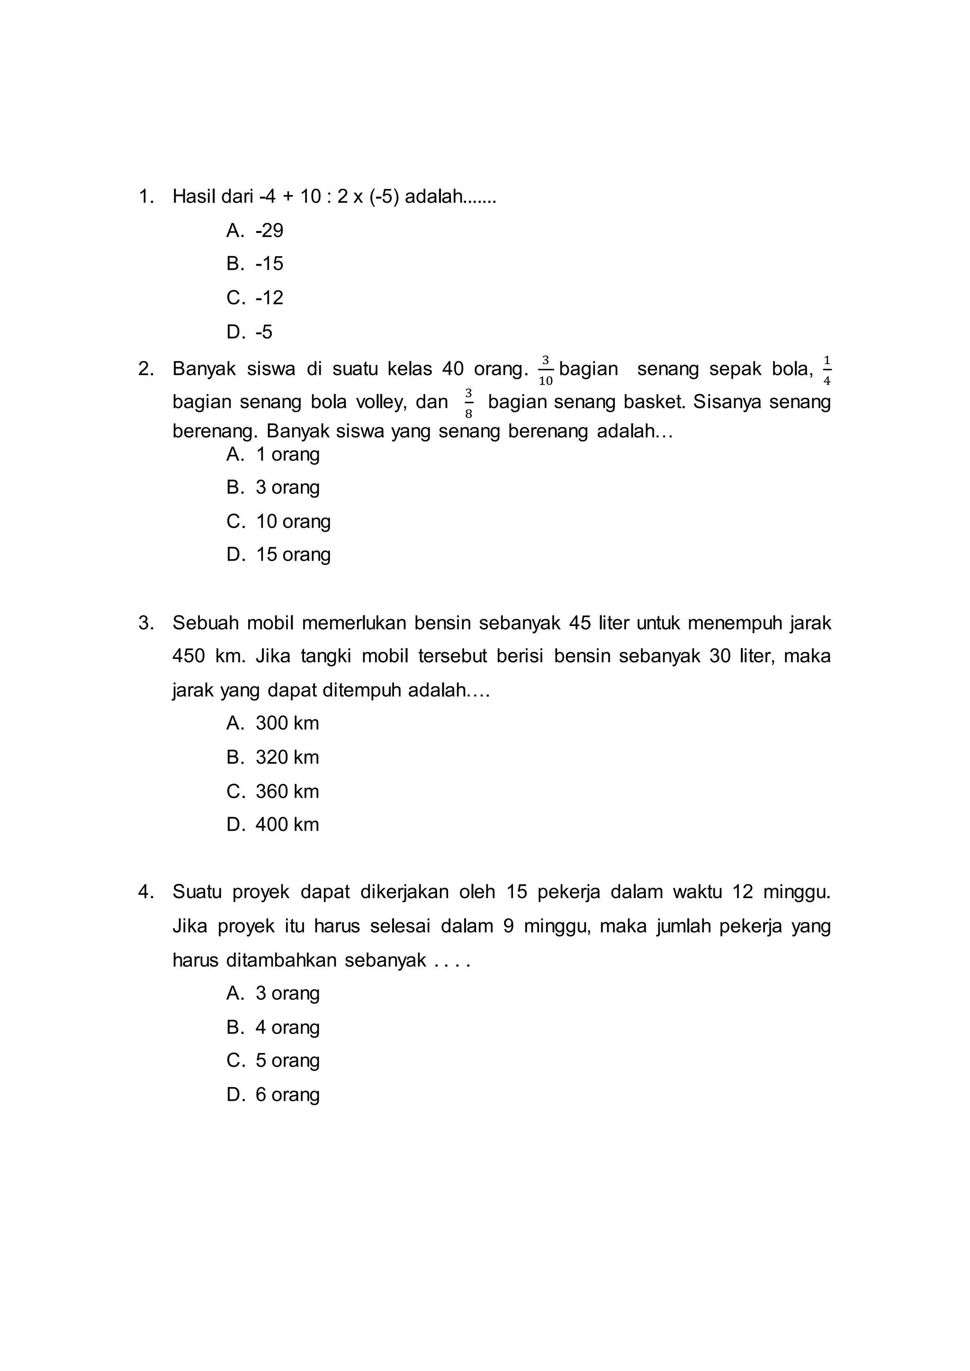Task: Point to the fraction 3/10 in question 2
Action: click(545, 370)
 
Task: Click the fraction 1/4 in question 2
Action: click(826, 370)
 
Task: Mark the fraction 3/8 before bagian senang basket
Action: click(468, 403)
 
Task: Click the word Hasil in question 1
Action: click(194, 196)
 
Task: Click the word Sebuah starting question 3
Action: click(206, 623)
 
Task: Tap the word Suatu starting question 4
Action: click(197, 892)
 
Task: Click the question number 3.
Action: click(145, 623)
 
